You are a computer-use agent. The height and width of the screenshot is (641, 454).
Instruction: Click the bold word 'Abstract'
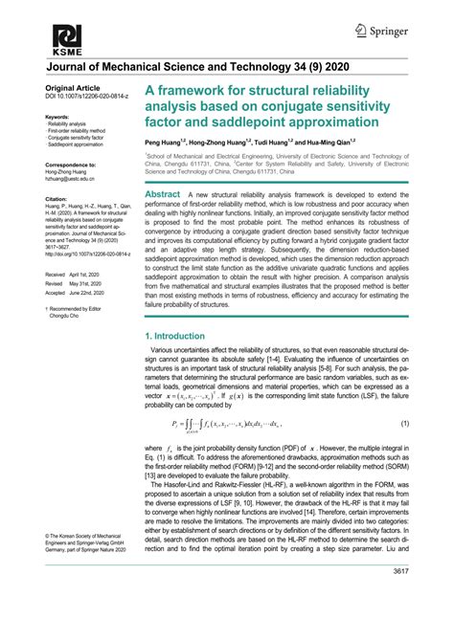click(162, 194)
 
